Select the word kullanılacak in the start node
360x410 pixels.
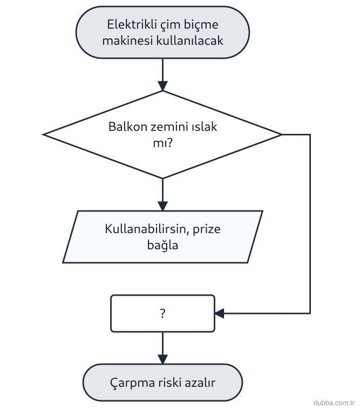tap(189, 40)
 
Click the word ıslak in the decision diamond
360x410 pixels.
tap(205, 127)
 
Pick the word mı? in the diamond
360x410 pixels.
tap(163, 143)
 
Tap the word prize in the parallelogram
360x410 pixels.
tap(206, 229)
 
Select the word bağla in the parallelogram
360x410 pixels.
tap(162, 245)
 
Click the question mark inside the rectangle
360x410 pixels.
tap(163, 313)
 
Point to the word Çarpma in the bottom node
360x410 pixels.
tap(132, 383)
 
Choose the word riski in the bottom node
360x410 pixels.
tap(169, 382)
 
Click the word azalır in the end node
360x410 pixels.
tap(200, 382)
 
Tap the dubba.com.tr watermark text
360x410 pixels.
tap(334, 402)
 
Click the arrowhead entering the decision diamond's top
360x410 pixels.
tap(163, 86)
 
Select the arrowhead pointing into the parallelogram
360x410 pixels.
tap(163, 206)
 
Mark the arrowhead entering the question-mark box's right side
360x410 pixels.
tap(219, 313)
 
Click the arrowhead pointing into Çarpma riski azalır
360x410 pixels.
tap(163, 359)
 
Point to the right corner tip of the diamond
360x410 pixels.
tap(282, 134)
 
